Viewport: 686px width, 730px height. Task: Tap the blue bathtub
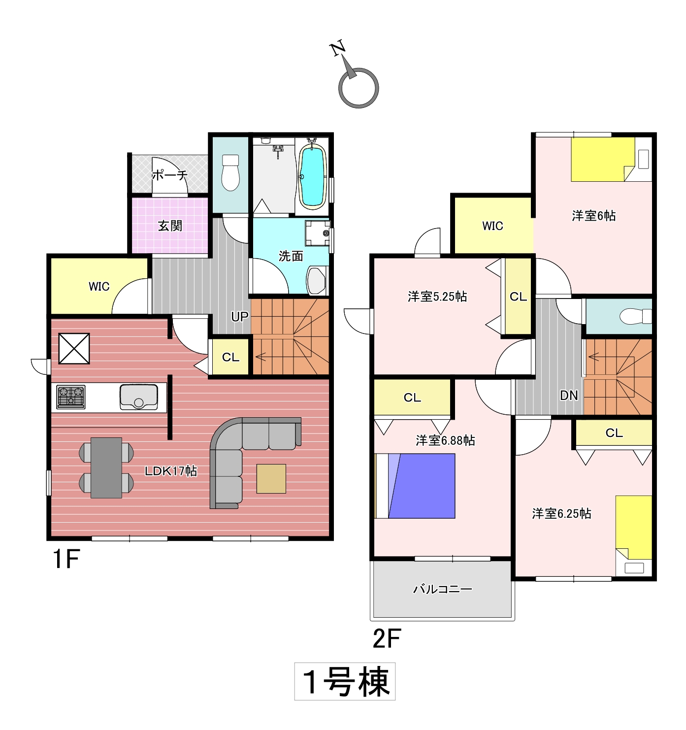(x=312, y=176)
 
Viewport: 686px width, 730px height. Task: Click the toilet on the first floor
(x=230, y=172)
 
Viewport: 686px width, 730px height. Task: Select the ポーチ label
(x=169, y=174)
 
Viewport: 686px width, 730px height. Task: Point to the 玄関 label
(x=170, y=225)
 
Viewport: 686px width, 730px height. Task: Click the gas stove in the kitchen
(x=70, y=397)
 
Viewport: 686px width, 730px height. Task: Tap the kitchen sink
(x=138, y=397)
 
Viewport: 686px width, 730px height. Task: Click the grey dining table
(x=106, y=467)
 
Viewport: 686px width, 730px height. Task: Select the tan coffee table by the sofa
(x=271, y=479)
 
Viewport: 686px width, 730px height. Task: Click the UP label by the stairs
(x=240, y=316)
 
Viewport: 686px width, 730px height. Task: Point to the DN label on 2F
(x=569, y=396)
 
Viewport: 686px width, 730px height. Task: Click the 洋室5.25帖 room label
(x=437, y=297)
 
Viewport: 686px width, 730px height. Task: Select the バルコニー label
(x=443, y=589)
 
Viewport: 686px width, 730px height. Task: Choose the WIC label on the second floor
(x=492, y=226)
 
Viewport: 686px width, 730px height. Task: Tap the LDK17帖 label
(x=171, y=471)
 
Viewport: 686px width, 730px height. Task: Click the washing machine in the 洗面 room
(x=318, y=233)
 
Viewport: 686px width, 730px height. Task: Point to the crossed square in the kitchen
(x=74, y=348)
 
